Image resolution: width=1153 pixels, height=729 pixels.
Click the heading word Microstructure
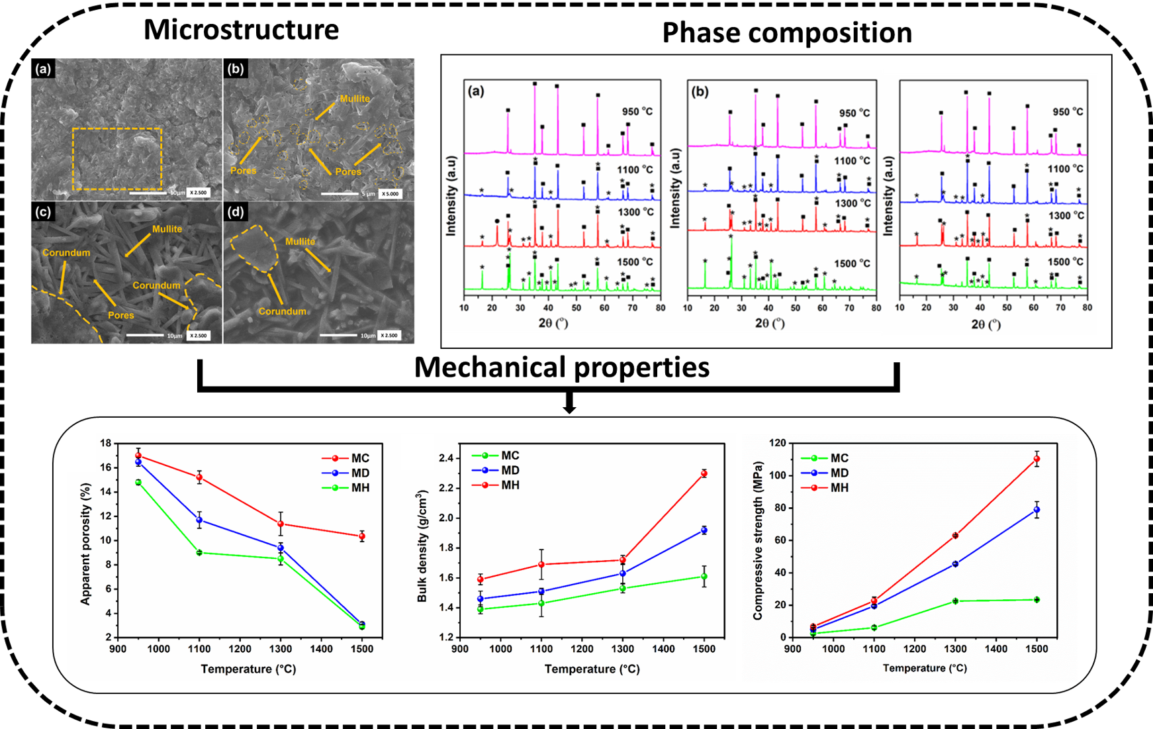click(x=241, y=30)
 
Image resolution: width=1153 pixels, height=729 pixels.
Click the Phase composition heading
click(x=786, y=33)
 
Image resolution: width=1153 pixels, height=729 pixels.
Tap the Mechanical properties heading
click(x=561, y=367)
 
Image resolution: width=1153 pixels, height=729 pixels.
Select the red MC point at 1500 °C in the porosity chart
click(x=362, y=536)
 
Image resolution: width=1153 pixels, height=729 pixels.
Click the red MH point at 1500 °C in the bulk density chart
click(x=704, y=473)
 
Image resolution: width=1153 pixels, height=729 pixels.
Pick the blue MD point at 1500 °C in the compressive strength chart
click(x=1037, y=510)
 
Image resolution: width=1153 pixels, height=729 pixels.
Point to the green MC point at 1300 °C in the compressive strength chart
click(x=955, y=601)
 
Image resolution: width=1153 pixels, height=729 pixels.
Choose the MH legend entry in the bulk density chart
click(x=510, y=485)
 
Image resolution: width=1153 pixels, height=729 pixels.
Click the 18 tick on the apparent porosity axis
click(x=105, y=443)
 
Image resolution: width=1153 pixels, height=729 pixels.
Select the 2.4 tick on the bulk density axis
click(x=446, y=458)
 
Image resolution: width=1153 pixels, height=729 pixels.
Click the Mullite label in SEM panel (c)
click(x=167, y=229)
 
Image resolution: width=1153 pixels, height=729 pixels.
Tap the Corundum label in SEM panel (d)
click(x=282, y=311)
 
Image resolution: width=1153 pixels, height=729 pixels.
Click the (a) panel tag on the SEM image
click(x=44, y=69)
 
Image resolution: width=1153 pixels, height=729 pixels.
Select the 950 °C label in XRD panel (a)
click(x=637, y=111)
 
